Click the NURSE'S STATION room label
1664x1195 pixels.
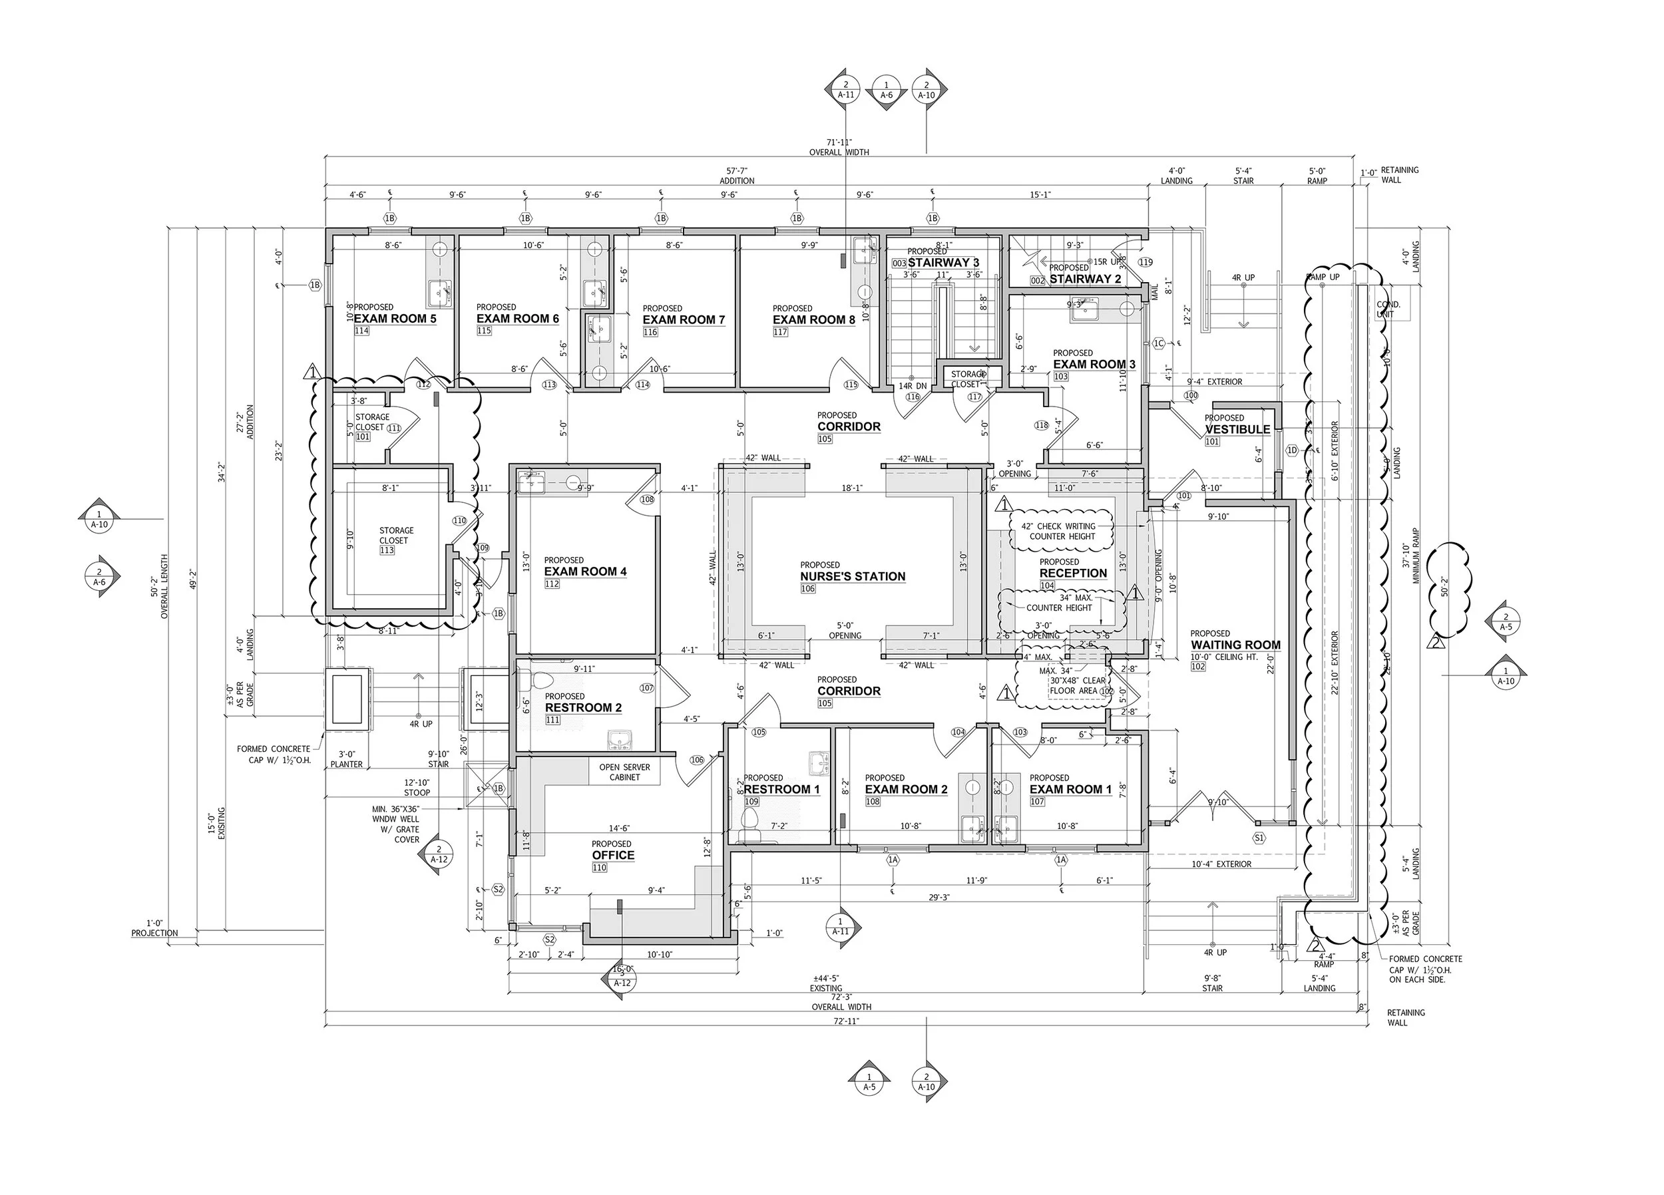click(853, 577)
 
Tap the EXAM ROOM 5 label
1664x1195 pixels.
click(395, 318)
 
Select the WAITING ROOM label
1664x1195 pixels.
click(1235, 645)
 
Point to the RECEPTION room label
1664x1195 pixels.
click(1073, 573)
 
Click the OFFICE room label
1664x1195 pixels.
click(614, 856)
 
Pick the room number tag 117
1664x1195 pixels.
click(780, 332)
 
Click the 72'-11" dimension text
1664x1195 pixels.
click(845, 1021)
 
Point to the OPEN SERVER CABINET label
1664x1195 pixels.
click(624, 772)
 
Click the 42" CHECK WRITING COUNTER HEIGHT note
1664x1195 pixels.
click(1062, 531)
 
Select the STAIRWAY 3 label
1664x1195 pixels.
click(942, 263)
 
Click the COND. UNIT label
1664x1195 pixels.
click(1387, 309)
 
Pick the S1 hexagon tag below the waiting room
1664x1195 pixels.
click(1259, 838)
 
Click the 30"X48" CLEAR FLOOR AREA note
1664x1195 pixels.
click(1077, 685)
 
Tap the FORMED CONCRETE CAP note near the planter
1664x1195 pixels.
click(274, 754)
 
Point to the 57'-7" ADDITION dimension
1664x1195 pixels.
click(737, 176)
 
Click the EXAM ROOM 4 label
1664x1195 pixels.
click(585, 572)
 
